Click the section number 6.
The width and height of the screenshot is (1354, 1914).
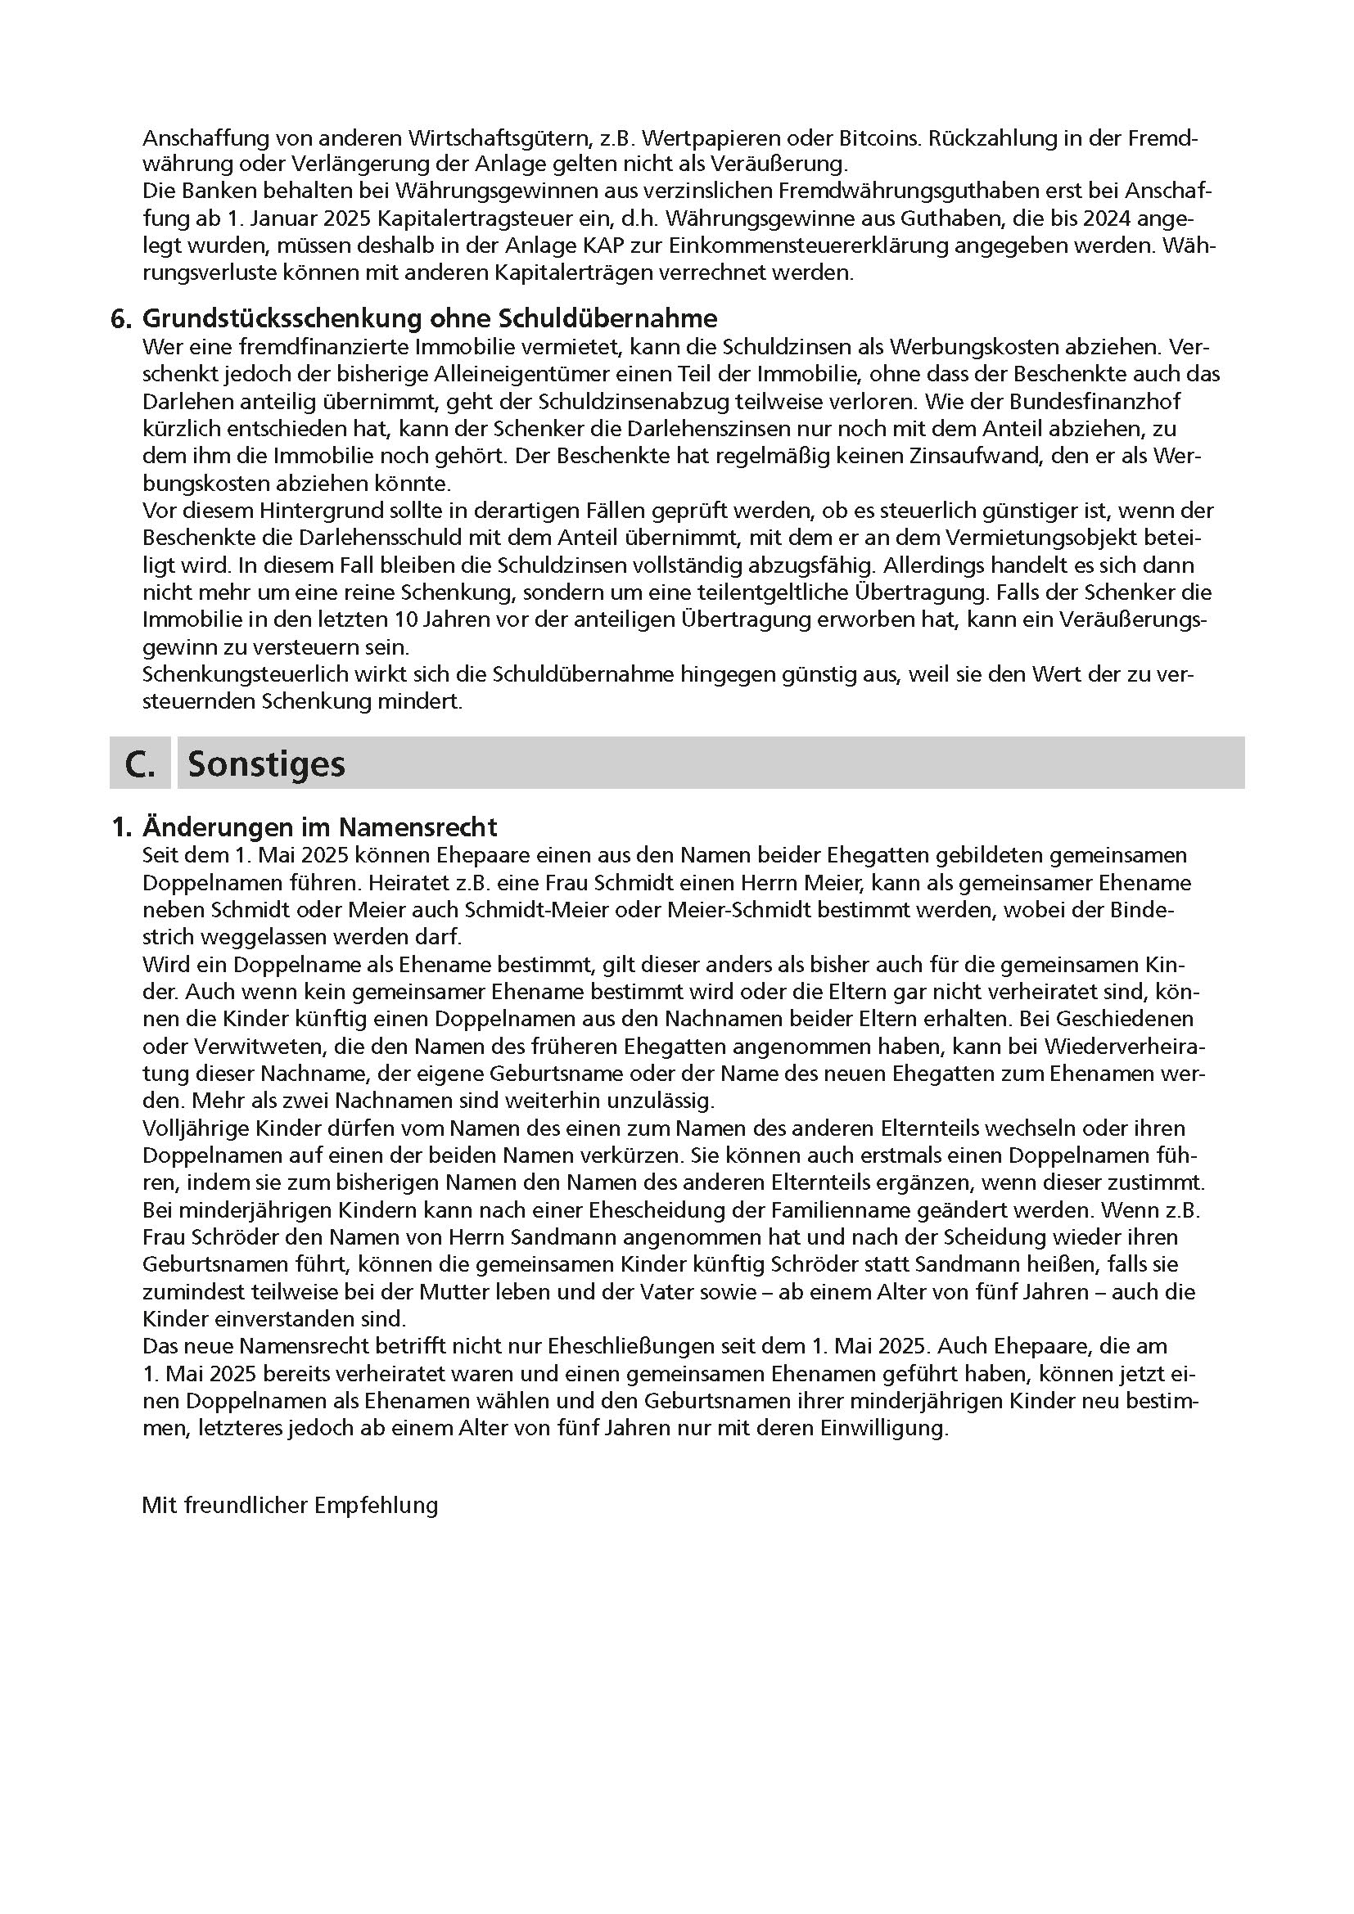[122, 318]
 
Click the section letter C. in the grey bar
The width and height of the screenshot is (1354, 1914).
[140, 763]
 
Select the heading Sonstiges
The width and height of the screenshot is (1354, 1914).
[266, 763]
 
